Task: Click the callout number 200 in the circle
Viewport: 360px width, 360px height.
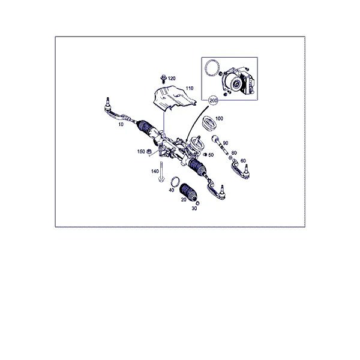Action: click(213, 101)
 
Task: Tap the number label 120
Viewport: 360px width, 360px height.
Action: click(172, 79)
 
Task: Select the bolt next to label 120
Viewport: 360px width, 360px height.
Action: click(163, 79)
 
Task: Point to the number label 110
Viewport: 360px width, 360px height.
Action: click(190, 88)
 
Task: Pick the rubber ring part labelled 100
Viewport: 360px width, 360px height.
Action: click(209, 124)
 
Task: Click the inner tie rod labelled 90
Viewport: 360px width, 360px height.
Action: click(220, 145)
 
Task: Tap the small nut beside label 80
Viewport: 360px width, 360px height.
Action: click(230, 157)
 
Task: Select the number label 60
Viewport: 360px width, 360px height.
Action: click(243, 161)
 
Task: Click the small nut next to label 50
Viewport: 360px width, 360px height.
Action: click(205, 155)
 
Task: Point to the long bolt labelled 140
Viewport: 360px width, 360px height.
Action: click(161, 172)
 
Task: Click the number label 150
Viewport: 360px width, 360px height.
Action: click(141, 152)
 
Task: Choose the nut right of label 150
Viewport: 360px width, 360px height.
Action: click(149, 151)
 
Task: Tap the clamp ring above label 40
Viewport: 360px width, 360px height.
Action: click(175, 182)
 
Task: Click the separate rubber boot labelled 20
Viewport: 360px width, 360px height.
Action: click(188, 193)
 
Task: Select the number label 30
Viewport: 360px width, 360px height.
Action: click(194, 208)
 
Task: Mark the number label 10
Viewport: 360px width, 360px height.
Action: click(121, 124)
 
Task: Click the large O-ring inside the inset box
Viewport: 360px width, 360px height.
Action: click(212, 67)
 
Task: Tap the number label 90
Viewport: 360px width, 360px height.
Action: click(226, 143)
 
